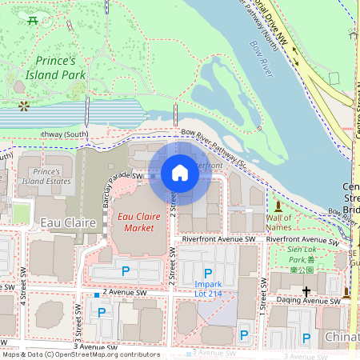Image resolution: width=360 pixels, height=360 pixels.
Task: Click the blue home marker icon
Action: (180, 173)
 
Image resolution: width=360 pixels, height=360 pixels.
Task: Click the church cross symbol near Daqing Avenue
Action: (306, 291)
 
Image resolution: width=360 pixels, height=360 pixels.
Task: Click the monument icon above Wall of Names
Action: (278, 206)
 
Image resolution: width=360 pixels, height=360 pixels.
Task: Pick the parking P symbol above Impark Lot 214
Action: (208, 274)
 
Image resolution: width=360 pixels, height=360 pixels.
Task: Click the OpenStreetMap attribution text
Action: (80, 354)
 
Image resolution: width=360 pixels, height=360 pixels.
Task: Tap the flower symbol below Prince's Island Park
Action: (24, 105)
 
